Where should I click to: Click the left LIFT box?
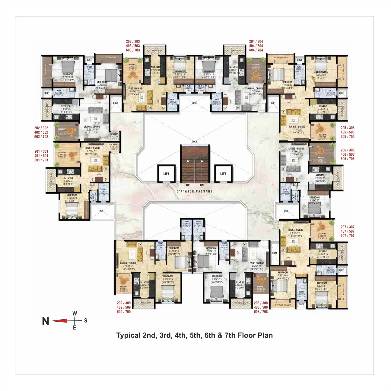(166, 173)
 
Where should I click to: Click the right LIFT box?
(223, 173)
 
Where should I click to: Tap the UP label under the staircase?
(188, 185)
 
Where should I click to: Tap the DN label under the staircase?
(202, 185)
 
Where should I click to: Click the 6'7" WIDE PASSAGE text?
(195, 191)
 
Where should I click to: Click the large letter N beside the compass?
(46, 321)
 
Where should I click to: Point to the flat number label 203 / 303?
(133, 42)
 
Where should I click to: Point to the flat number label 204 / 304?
(256, 42)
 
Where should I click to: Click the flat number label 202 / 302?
(41, 128)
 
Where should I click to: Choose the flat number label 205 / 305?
(348, 128)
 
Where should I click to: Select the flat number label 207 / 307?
(348, 227)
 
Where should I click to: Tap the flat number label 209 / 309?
(124, 303)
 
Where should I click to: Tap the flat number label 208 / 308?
(261, 303)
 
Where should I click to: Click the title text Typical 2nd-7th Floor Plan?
(195, 335)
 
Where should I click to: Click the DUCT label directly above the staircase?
(195, 141)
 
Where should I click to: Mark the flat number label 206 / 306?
(348, 150)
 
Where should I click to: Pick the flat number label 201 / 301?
(41, 151)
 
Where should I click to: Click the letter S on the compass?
(86, 320)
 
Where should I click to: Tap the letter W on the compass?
(75, 313)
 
